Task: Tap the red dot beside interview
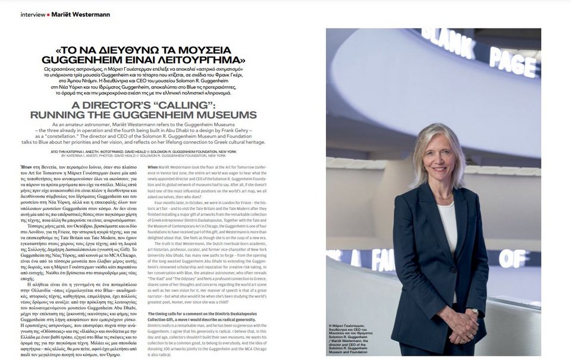(x=49, y=14)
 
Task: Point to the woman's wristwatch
(x=475, y=311)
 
